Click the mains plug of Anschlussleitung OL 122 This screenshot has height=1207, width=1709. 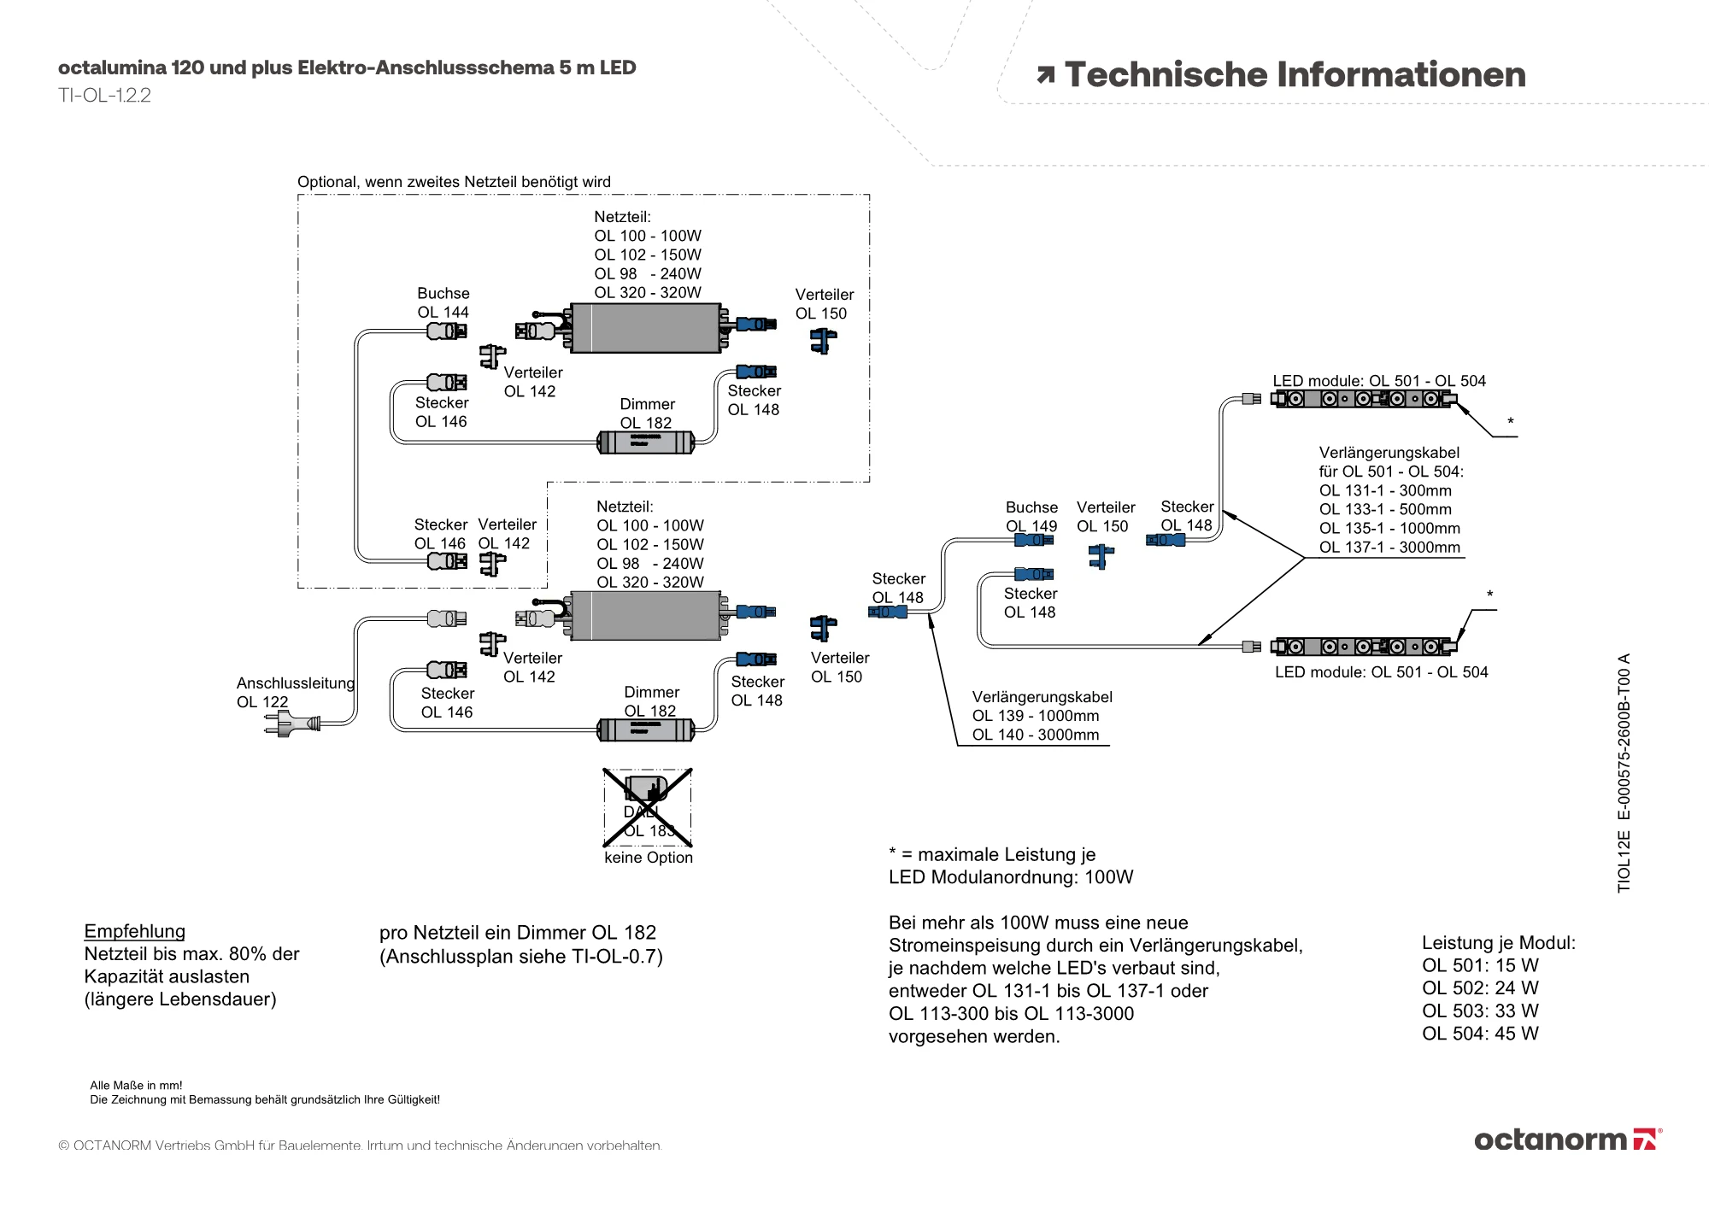click(x=292, y=724)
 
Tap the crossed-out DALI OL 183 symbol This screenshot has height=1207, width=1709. click(x=648, y=806)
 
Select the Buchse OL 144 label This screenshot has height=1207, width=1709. click(x=443, y=303)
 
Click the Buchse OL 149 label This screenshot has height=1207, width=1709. click(x=1031, y=516)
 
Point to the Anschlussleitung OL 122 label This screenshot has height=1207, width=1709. click(x=295, y=692)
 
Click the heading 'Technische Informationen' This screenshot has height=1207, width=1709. click(x=1295, y=75)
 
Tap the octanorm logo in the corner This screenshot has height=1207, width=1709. click(x=1567, y=1140)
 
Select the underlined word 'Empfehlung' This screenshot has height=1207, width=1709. click(x=135, y=931)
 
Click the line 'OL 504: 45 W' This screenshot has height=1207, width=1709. click(x=1480, y=1034)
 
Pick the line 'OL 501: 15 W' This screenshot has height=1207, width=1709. click(x=1480, y=965)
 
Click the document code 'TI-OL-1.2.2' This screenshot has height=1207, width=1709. click(x=104, y=95)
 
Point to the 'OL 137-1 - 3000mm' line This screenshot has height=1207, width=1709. click(x=1389, y=547)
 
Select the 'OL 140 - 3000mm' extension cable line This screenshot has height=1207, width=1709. click(x=1036, y=735)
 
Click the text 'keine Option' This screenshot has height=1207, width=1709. click(x=649, y=858)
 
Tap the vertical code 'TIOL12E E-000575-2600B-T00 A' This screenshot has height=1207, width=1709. click(x=1624, y=773)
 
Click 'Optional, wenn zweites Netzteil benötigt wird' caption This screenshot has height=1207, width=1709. click(x=454, y=182)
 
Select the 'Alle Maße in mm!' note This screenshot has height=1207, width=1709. click(x=136, y=1086)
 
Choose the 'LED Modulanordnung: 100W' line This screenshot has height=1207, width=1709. click(x=1011, y=877)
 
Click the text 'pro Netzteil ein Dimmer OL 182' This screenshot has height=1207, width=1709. click(x=518, y=933)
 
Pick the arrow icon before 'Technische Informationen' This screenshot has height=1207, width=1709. click(x=1045, y=75)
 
